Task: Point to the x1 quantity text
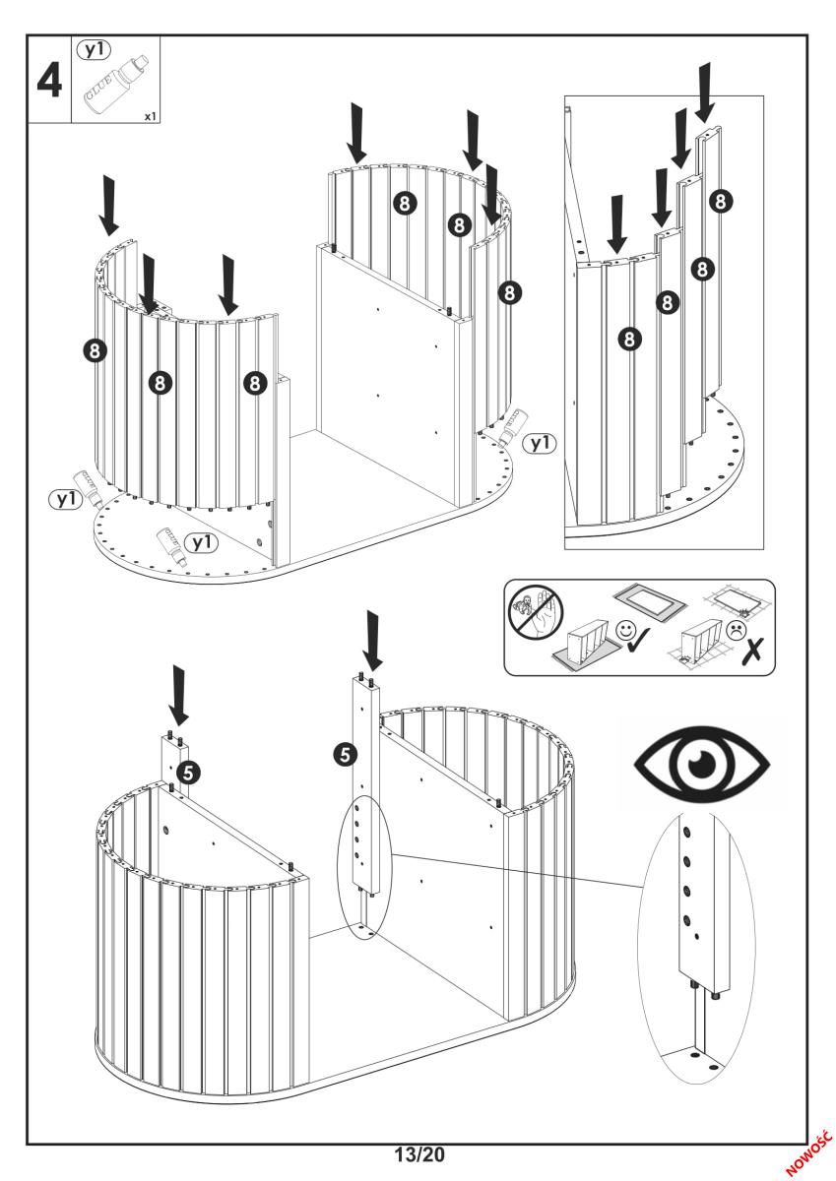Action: [149, 116]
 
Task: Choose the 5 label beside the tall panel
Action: [344, 755]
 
